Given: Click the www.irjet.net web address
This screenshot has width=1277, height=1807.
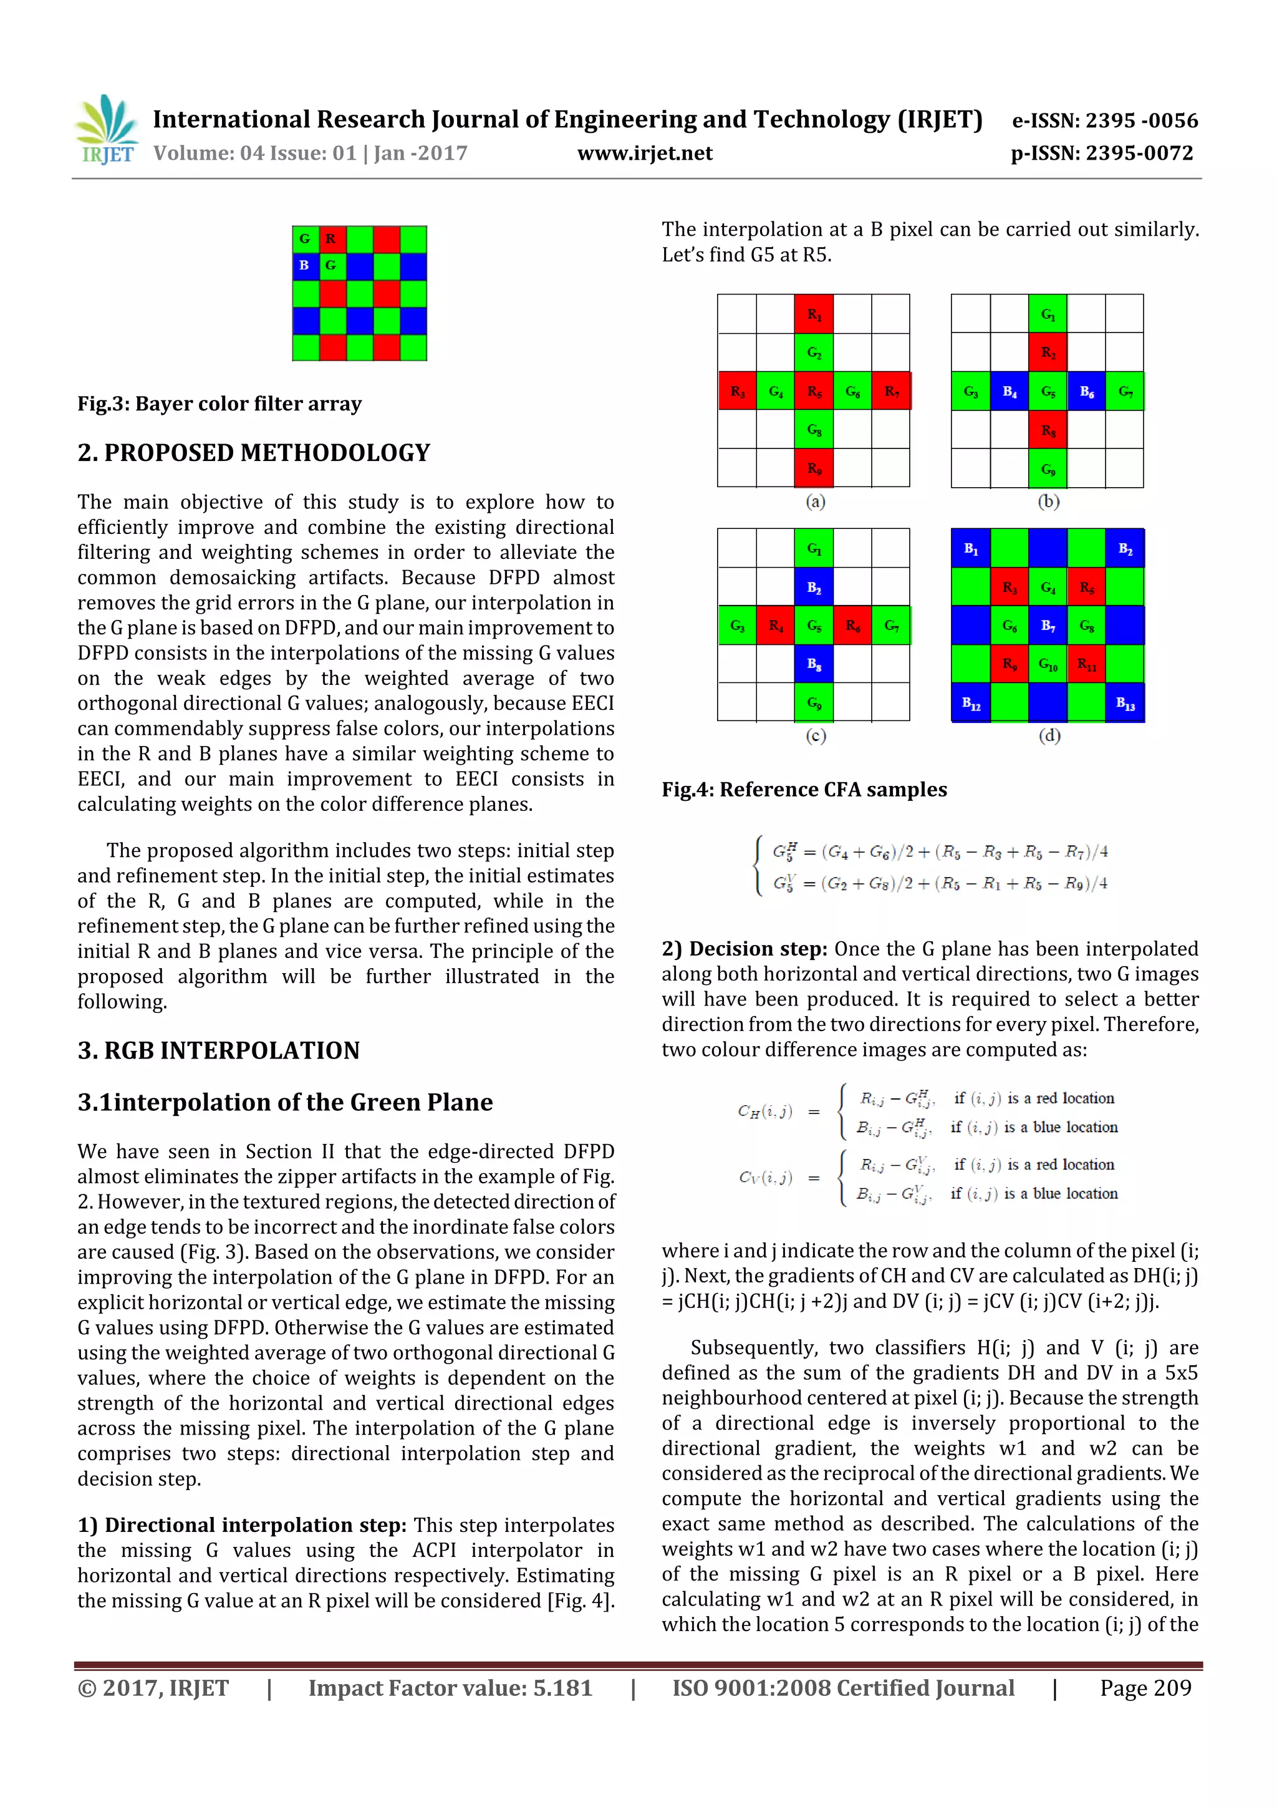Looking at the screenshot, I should (644, 153).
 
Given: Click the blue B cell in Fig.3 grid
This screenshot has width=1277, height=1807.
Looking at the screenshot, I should (304, 266).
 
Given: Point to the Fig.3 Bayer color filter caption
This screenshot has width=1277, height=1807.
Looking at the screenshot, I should (219, 404).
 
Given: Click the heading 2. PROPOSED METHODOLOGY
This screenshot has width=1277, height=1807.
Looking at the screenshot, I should (253, 453).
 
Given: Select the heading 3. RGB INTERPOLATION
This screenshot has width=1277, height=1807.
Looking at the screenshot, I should (218, 1050).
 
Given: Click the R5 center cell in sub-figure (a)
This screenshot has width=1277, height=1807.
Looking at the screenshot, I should (814, 391).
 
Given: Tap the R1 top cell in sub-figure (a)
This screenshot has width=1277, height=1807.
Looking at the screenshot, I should (814, 314).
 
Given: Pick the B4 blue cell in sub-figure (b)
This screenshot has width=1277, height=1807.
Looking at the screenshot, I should (1009, 391).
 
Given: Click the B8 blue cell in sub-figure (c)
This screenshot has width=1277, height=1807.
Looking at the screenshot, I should (814, 664).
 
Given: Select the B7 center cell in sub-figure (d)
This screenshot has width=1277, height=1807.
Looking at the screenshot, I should (1048, 626).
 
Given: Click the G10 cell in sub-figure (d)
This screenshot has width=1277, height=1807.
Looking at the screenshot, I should (1048, 664).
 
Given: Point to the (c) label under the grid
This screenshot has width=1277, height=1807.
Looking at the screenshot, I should (815, 736).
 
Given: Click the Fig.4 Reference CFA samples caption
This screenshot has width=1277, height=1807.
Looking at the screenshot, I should (804, 790).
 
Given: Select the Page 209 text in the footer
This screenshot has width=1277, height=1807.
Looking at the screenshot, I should (1145, 1688).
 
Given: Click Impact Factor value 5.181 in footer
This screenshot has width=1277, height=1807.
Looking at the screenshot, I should (450, 1688).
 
